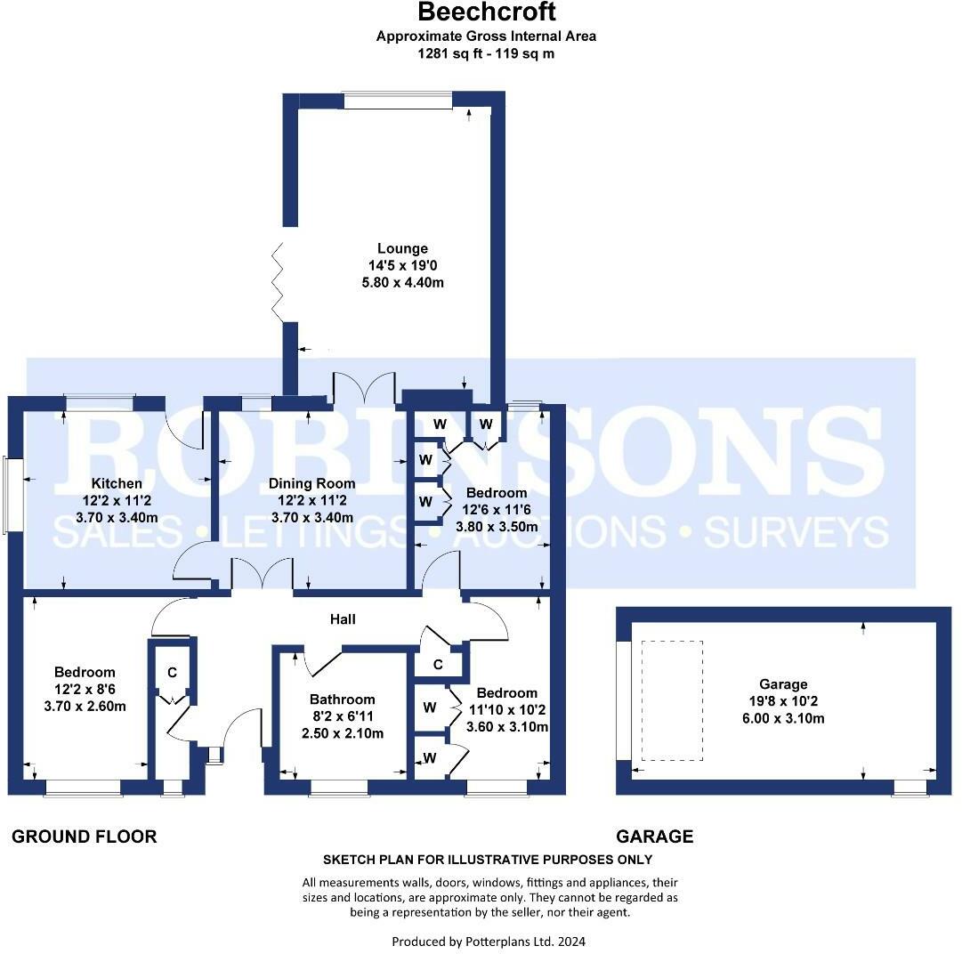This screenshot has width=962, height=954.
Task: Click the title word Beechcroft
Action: (x=486, y=12)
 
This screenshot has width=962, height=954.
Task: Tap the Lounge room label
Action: (x=402, y=249)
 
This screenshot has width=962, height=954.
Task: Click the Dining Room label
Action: (x=312, y=484)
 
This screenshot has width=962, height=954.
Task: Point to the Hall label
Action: (x=343, y=618)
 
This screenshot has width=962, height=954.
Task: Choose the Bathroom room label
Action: (x=342, y=699)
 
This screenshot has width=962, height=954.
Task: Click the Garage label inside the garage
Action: (x=783, y=684)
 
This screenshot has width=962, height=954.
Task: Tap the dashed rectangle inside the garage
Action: (x=672, y=700)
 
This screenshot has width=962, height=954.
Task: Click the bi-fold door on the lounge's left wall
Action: (x=277, y=282)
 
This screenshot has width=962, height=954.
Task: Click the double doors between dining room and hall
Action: (x=263, y=574)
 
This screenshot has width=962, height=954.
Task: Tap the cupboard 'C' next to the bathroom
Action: (x=438, y=665)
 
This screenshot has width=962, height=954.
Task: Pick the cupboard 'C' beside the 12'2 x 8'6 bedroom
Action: (x=172, y=673)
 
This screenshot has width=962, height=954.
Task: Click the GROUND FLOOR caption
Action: (x=84, y=837)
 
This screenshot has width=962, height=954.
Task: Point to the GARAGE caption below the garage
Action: (x=654, y=837)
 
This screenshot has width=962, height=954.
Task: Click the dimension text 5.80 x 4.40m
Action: (x=402, y=283)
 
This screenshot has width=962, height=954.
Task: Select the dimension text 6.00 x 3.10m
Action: (x=783, y=718)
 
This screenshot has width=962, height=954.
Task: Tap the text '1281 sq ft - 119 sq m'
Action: (x=486, y=53)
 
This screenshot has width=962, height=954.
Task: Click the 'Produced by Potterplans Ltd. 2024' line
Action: (x=489, y=941)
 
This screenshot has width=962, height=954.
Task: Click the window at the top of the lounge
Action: (x=397, y=101)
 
